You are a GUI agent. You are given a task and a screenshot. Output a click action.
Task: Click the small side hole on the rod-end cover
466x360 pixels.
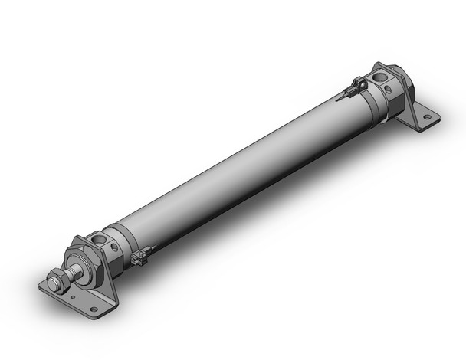point(113,247)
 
